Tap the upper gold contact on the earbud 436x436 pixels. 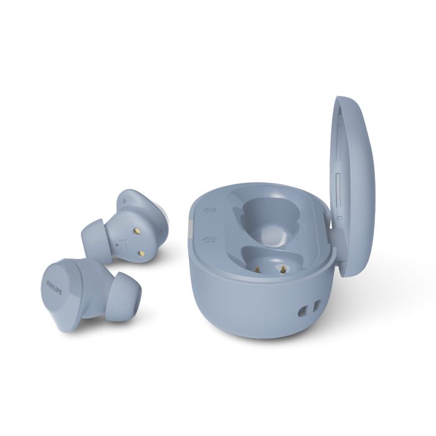137,230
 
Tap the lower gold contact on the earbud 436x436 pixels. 142,253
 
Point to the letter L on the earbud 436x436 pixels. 125,244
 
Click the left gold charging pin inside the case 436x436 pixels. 257,269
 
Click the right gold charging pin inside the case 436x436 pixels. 283,269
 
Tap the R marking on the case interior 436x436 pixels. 207,240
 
